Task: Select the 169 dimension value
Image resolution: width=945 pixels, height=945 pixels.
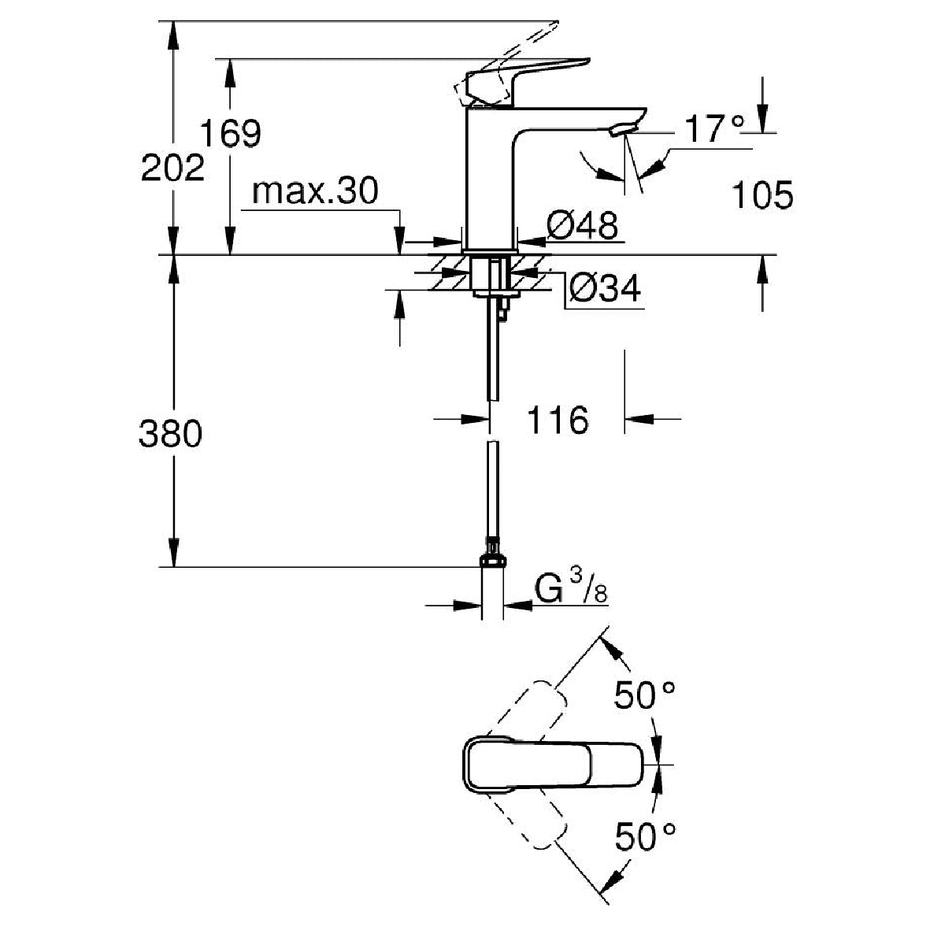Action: [x=231, y=133]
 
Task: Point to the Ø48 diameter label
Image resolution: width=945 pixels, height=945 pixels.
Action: [x=582, y=225]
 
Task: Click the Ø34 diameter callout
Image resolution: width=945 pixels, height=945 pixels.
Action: [x=605, y=288]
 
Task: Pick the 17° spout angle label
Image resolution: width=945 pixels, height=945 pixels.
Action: [x=714, y=128]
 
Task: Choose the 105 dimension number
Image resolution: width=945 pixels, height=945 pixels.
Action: [x=762, y=195]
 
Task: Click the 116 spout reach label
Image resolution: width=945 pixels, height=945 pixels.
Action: [x=558, y=419]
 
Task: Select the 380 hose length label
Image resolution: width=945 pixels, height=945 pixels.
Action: [x=170, y=433]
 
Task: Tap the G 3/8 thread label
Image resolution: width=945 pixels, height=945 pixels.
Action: [x=571, y=589]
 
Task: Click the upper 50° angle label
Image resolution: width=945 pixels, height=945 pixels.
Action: [x=645, y=695]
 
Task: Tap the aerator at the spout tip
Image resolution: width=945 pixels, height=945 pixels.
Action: [x=622, y=130]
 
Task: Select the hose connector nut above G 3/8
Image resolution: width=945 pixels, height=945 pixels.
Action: [x=492, y=560]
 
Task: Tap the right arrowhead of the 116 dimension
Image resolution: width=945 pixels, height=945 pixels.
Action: [x=639, y=419]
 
